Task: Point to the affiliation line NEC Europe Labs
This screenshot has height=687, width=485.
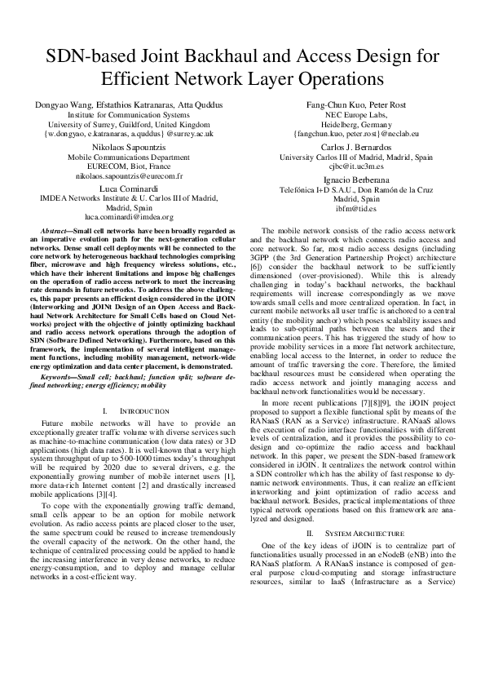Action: point(356,115)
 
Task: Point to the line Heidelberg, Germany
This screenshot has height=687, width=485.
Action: point(356,126)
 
